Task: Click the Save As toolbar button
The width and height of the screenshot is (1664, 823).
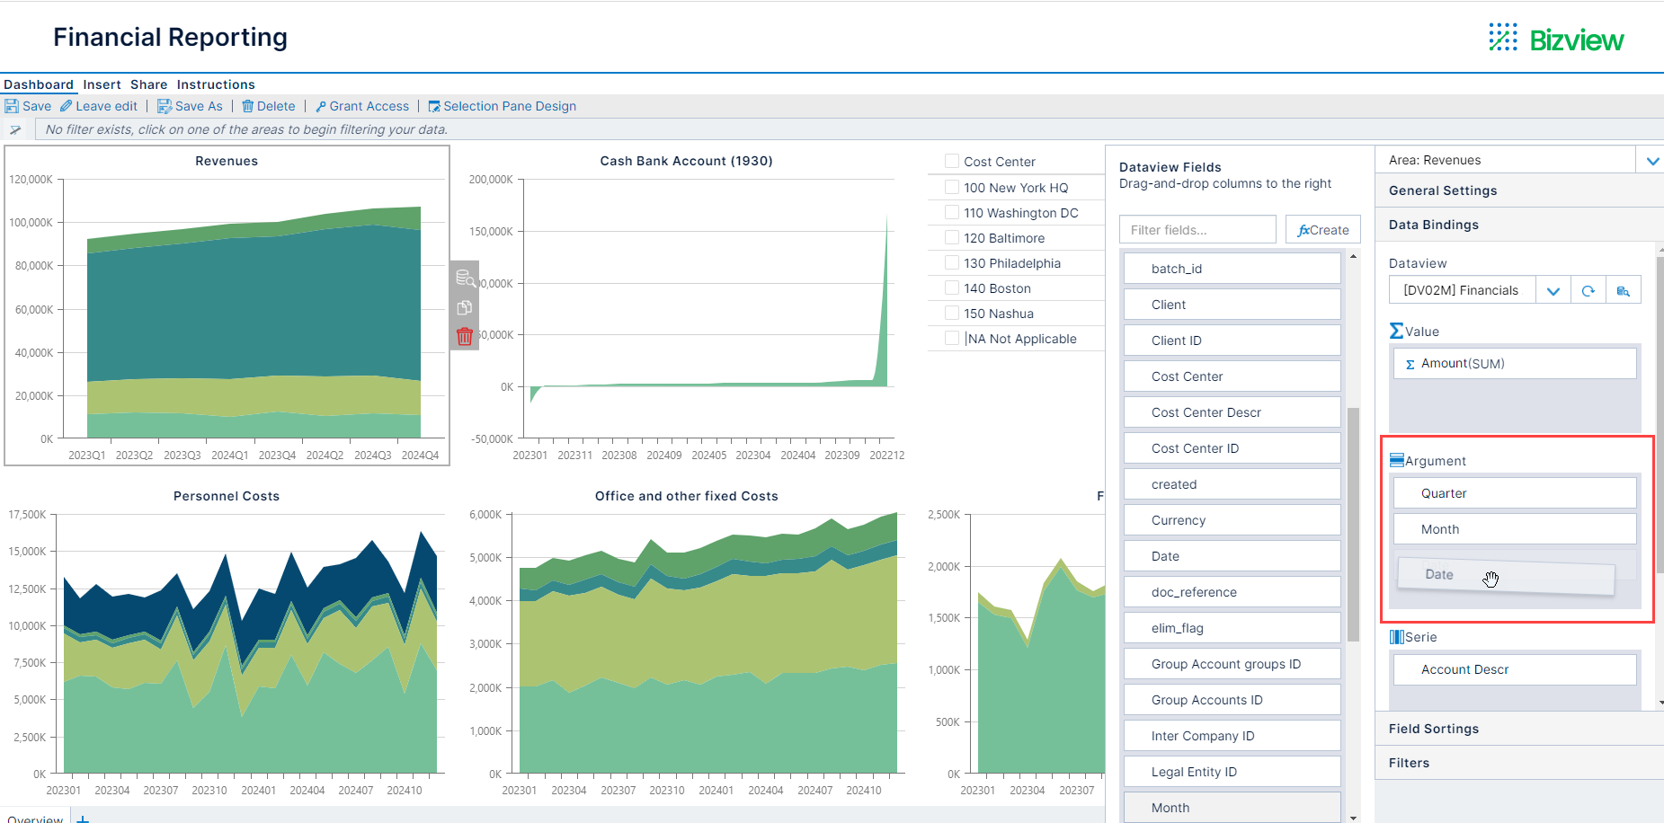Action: click(x=191, y=106)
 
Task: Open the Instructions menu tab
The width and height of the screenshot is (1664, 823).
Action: click(x=216, y=84)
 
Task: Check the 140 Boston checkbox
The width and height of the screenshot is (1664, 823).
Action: click(x=952, y=288)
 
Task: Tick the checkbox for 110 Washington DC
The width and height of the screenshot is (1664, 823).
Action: click(x=952, y=212)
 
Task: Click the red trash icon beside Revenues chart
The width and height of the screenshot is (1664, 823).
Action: click(x=465, y=336)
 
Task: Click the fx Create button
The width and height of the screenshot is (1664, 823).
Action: click(x=1322, y=230)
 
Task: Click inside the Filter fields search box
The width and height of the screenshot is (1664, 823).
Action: click(x=1197, y=230)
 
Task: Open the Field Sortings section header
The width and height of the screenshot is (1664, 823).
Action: click(x=1433, y=729)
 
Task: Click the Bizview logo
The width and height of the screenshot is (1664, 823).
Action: click(x=1556, y=39)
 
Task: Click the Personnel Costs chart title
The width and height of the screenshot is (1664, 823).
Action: click(x=227, y=496)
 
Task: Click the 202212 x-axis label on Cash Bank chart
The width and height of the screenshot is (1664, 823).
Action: click(x=886, y=456)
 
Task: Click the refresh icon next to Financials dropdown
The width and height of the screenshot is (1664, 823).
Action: click(x=1588, y=290)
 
